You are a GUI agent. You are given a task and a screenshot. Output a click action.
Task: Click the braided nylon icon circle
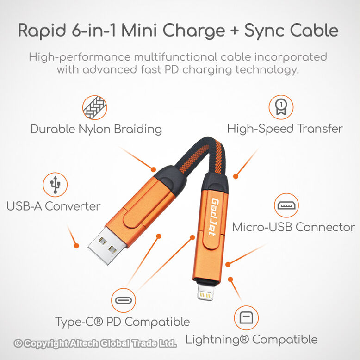[94, 107]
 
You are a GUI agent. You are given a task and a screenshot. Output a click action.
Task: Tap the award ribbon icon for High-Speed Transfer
[281, 107]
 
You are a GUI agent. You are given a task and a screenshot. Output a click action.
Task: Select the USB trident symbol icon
[55, 184]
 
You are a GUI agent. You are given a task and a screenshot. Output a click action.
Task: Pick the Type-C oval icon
[124, 300]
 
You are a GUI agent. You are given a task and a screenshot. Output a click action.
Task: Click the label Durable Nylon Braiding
[96, 129]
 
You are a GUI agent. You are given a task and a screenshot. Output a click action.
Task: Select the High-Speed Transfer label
[285, 129]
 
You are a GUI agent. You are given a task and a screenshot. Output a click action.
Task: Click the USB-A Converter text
[54, 206]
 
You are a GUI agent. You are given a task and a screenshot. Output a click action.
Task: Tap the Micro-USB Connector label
[293, 227]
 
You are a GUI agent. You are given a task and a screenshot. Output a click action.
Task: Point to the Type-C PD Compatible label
[122, 322]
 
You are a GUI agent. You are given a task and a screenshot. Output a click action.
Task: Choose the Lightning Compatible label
[251, 340]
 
